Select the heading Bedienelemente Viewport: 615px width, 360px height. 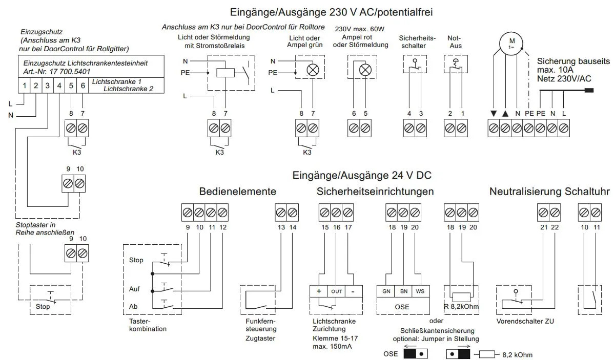(x=237, y=192)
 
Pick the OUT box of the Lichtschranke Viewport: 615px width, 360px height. (x=336, y=291)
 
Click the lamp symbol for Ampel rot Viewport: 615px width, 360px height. (x=364, y=70)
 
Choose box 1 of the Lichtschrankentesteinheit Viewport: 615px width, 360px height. (x=25, y=86)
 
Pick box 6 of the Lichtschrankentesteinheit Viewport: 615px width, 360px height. (x=83, y=86)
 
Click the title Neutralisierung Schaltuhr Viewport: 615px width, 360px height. (x=549, y=192)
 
